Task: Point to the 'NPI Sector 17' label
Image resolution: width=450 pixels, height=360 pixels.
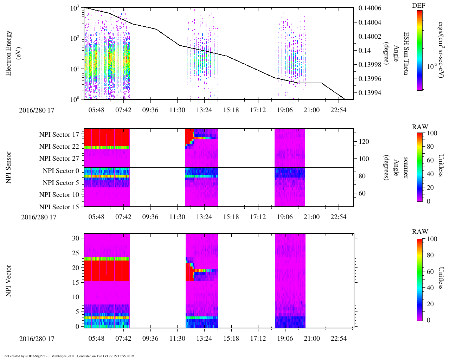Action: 59,134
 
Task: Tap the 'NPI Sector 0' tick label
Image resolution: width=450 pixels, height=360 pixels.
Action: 61,171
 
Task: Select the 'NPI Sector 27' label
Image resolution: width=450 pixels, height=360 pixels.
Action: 59,159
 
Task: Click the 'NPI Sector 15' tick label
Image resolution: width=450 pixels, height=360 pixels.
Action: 59,207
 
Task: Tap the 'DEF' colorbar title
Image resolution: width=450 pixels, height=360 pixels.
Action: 418,5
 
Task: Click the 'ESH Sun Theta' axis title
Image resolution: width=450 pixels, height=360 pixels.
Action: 406,53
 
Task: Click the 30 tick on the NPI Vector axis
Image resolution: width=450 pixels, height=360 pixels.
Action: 76,238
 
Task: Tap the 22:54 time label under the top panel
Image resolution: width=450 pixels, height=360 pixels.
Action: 339,110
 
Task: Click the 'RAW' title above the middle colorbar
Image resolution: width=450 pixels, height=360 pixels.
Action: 420,127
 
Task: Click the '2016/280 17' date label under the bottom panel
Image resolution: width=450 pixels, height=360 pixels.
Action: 37,339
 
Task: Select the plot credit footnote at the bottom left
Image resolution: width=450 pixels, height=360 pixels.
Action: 69,356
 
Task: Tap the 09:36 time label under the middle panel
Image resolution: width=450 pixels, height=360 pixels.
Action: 150,217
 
